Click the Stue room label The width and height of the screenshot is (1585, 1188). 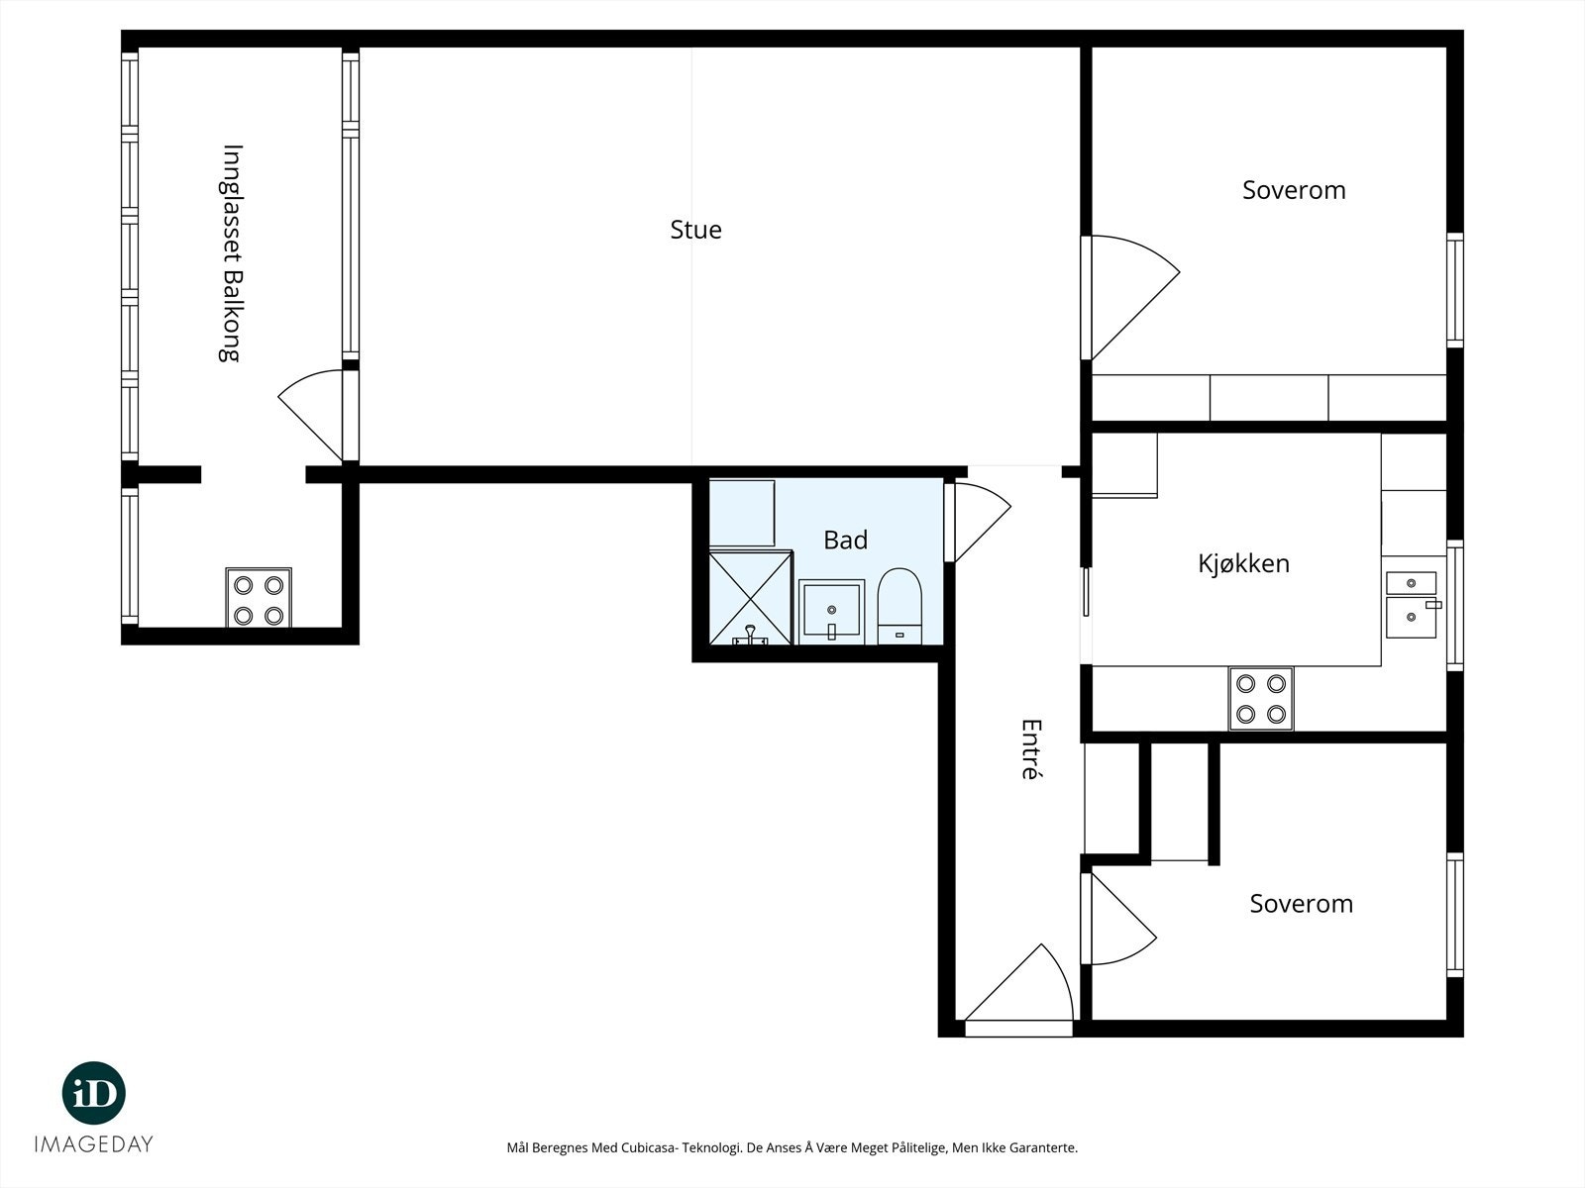click(x=695, y=230)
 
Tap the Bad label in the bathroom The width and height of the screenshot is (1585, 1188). click(x=846, y=540)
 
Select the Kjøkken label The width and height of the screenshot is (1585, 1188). click(x=1243, y=563)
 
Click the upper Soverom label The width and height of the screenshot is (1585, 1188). click(x=1294, y=190)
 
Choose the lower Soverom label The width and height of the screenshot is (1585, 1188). click(x=1302, y=903)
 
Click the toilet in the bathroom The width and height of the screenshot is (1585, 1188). click(x=899, y=606)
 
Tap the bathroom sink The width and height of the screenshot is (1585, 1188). click(x=831, y=611)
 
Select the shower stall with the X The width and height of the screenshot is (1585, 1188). click(x=751, y=597)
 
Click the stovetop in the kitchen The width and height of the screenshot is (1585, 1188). click(x=1261, y=698)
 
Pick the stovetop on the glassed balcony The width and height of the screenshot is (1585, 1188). click(x=259, y=598)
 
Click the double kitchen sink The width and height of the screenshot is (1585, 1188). click(x=1413, y=605)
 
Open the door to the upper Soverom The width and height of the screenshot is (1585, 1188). click(x=1130, y=297)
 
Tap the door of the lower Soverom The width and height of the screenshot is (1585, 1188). click(x=1118, y=919)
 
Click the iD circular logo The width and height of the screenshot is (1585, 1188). click(x=94, y=1093)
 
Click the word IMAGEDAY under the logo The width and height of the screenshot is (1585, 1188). click(x=94, y=1144)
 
